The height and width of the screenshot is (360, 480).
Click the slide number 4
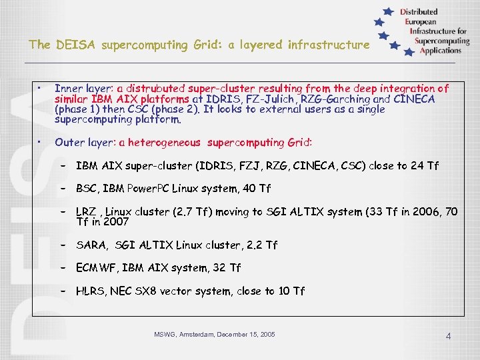tap(449, 337)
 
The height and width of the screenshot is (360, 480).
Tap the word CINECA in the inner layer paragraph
tap(415, 99)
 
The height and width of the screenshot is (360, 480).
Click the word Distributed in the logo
tap(419, 12)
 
